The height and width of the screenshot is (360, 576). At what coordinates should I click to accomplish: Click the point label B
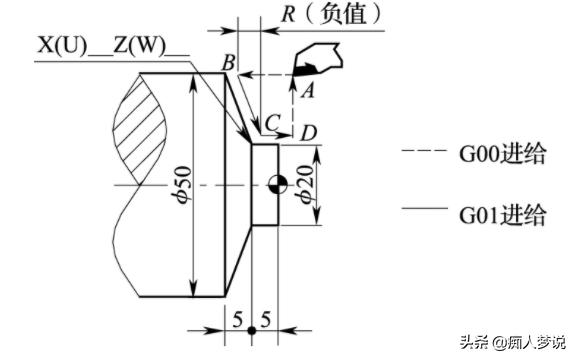tap(229, 62)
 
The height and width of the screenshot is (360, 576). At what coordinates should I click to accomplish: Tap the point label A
tap(308, 90)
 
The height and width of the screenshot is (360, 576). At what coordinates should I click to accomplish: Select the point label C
tap(272, 123)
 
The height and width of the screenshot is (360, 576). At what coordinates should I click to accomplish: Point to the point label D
tap(308, 133)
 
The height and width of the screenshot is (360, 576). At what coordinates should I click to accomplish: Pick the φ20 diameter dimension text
tap(305, 184)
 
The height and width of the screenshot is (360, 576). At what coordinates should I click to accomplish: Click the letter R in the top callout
tap(289, 14)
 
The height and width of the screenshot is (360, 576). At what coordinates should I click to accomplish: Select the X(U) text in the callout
tap(62, 46)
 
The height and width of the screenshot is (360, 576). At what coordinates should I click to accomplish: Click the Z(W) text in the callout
tap(139, 46)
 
